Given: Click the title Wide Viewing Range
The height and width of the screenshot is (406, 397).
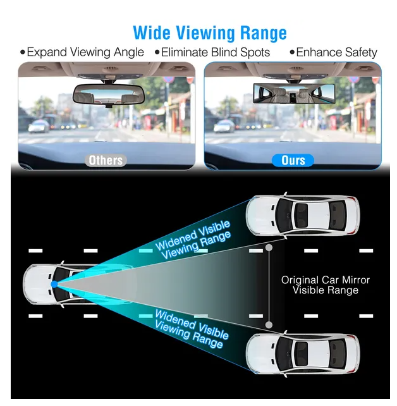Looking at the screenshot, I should coord(210,33).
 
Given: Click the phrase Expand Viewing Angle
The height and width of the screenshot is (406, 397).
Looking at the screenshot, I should coord(82,52).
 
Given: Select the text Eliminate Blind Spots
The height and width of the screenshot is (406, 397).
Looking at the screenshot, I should coord(216,52).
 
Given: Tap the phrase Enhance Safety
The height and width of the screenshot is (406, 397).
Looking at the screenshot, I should coord(333,52).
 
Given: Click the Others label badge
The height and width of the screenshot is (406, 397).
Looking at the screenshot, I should coord(106,160).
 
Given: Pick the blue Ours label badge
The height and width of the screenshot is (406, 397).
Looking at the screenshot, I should coord(293,160).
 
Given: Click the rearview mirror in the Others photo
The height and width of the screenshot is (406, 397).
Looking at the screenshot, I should coord(105,95).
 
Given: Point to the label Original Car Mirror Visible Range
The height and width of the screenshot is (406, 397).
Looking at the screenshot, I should coord(326,285).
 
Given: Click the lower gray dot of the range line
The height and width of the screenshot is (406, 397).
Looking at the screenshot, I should coord(269,324).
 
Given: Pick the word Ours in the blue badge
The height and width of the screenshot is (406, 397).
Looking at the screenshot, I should coord(293,160).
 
